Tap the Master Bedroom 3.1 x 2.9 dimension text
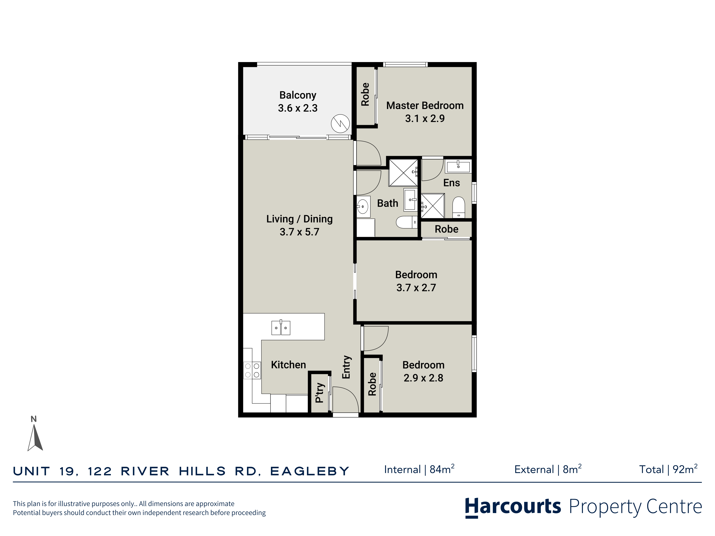[x=425, y=119]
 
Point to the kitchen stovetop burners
[x=252, y=370]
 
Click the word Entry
[x=346, y=367]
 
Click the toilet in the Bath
[x=407, y=222]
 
